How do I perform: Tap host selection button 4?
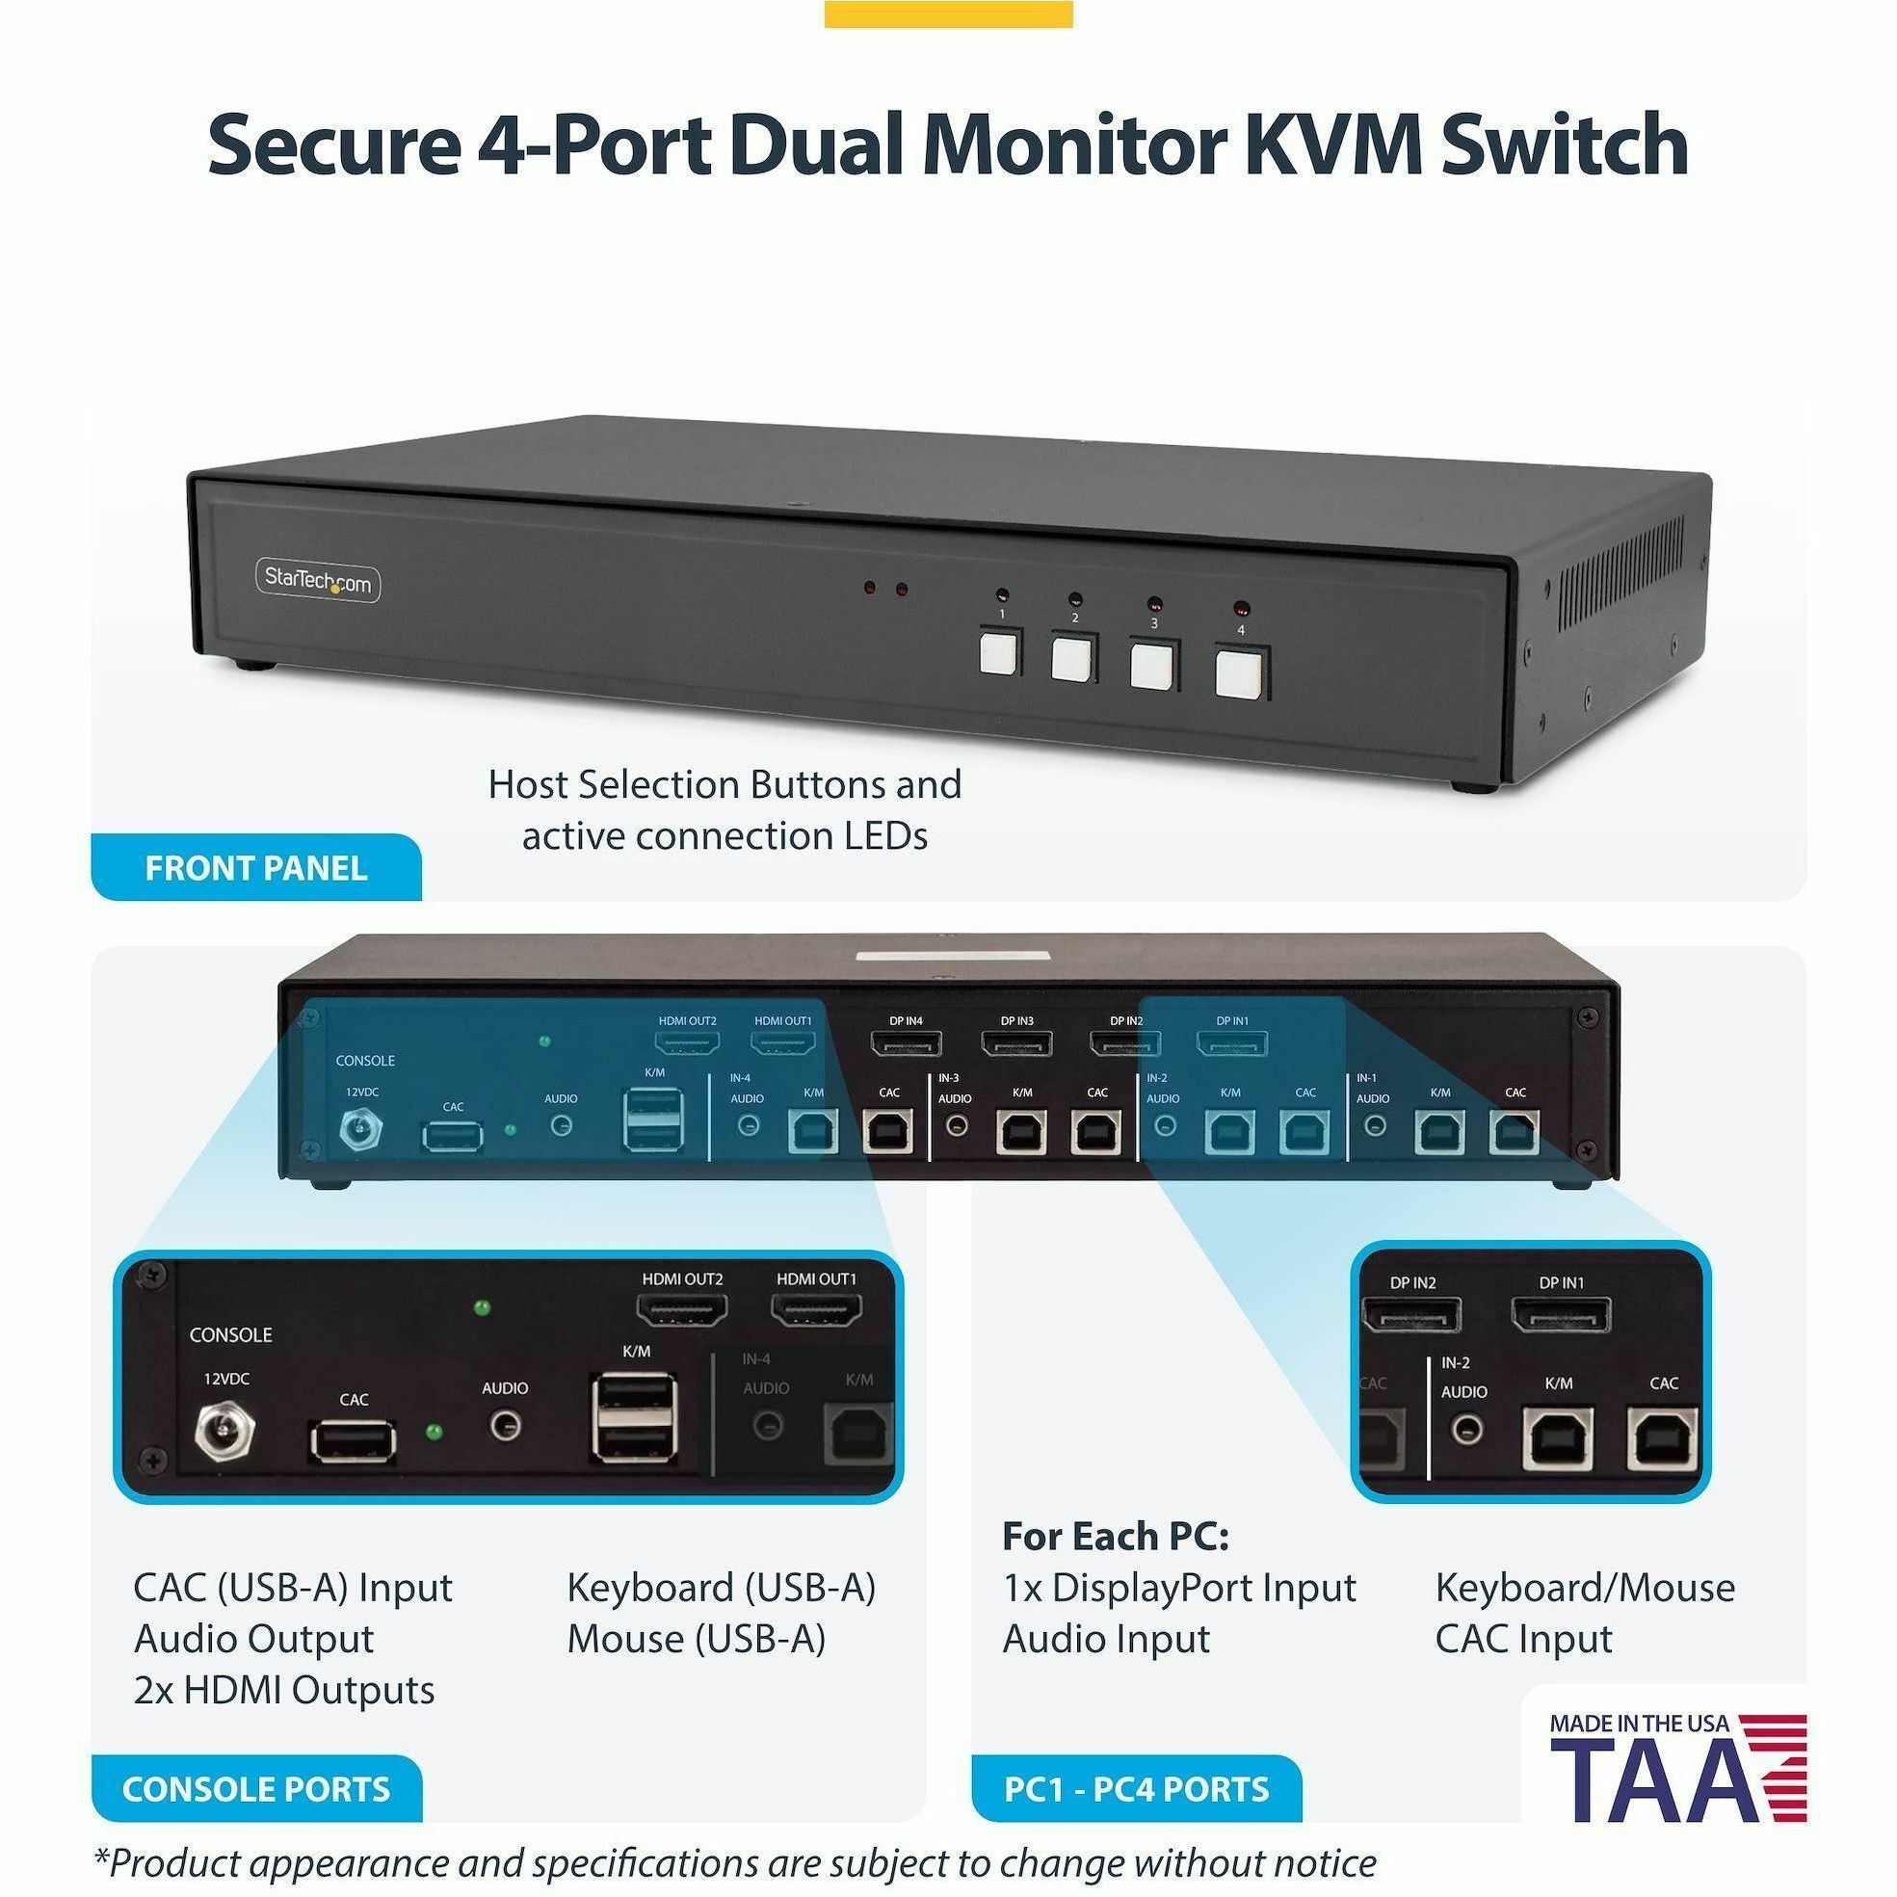point(1239,673)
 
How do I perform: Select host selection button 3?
point(1151,667)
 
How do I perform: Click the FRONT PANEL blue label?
point(255,868)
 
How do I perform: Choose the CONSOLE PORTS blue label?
point(255,1789)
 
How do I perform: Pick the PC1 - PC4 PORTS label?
point(1136,1789)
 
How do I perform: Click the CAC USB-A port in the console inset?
point(355,1441)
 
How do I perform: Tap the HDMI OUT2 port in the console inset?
point(682,1310)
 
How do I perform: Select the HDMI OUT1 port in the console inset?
point(817,1310)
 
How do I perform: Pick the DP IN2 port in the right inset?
point(1412,1315)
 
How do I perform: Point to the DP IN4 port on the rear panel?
point(907,1042)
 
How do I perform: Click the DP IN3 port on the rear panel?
point(1017,1042)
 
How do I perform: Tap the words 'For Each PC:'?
point(1116,1537)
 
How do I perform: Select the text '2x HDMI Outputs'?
point(284,1691)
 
